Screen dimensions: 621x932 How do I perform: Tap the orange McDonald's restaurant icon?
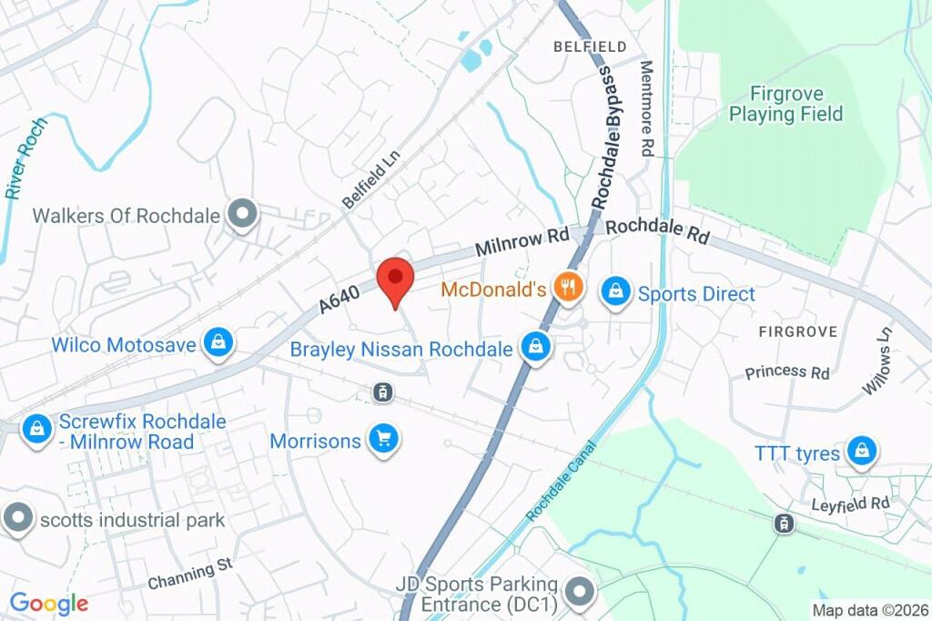pos(569,290)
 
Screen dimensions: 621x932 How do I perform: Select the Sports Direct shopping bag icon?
pos(616,292)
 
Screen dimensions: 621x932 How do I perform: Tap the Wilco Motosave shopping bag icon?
pos(218,342)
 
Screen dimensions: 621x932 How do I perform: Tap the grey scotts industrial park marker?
pos(17,518)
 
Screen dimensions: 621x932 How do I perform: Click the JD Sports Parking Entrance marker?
pos(579,592)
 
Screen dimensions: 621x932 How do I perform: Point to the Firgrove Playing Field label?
pos(786,104)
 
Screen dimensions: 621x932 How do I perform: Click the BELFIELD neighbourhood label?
pos(590,46)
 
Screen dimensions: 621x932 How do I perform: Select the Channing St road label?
pos(190,573)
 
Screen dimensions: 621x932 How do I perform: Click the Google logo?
pos(48,603)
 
